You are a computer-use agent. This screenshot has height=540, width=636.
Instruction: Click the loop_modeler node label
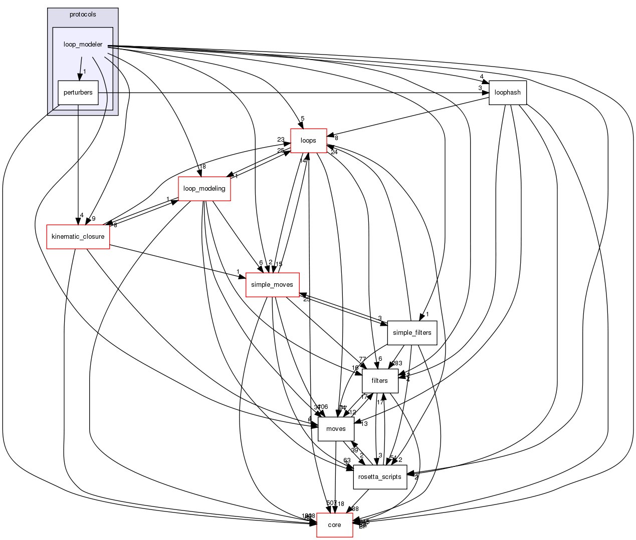pyautogui.click(x=83, y=45)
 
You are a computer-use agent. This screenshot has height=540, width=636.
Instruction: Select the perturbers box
pyautogui.click(x=78, y=93)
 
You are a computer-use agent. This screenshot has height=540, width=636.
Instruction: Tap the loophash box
pyautogui.click(x=507, y=93)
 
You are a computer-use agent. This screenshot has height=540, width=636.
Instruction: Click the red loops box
pyautogui.click(x=308, y=141)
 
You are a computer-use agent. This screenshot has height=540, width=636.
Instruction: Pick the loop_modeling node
pyautogui.click(x=204, y=189)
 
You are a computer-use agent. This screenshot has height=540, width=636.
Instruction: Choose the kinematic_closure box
pyautogui.click(x=78, y=237)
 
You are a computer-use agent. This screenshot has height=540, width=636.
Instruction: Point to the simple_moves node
pyautogui.click(x=272, y=285)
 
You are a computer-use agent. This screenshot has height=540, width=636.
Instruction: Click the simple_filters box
pyautogui.click(x=412, y=333)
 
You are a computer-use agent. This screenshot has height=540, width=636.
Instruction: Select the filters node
pyautogui.click(x=379, y=381)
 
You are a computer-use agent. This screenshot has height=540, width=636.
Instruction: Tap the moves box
pyautogui.click(x=336, y=429)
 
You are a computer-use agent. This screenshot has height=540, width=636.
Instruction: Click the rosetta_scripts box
pyautogui.click(x=379, y=477)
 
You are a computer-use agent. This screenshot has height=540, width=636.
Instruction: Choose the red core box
pyautogui.click(x=334, y=525)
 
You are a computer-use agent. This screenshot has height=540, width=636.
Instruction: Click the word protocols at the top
pyautogui.click(x=83, y=15)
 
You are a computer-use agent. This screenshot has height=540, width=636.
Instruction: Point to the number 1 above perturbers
pyautogui.click(x=85, y=72)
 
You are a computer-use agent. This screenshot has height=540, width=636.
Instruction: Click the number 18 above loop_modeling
pyautogui.click(x=202, y=167)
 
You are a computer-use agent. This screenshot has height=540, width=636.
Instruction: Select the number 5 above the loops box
pyautogui.click(x=302, y=119)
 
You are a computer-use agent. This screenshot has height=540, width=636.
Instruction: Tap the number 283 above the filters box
pyautogui.click(x=397, y=363)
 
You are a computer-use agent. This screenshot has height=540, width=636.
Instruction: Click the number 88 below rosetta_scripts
pyautogui.click(x=355, y=509)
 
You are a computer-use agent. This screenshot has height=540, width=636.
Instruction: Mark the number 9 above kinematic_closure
pyautogui.click(x=93, y=219)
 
